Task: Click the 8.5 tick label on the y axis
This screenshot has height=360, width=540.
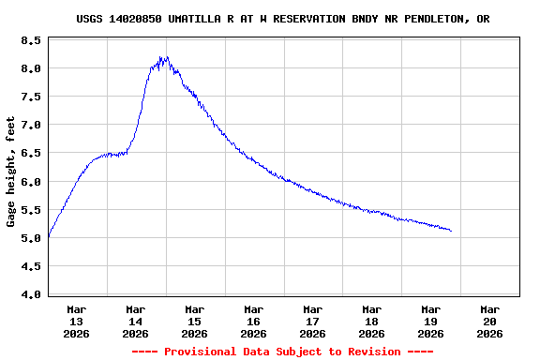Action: tap(31, 41)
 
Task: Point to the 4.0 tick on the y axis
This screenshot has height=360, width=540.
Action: tap(31, 294)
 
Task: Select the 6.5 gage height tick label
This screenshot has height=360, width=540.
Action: tap(31, 154)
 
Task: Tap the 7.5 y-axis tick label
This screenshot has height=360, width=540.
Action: tap(31, 97)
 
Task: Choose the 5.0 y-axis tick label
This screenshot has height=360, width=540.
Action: tap(31, 238)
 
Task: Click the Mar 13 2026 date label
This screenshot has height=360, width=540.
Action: tap(77, 321)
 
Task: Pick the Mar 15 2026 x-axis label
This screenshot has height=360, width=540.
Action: tap(195, 321)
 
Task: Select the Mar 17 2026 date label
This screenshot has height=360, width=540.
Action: tap(313, 321)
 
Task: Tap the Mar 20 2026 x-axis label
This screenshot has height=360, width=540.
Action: tap(489, 321)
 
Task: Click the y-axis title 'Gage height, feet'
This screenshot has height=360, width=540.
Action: tap(11, 172)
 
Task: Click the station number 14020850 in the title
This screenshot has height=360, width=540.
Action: tap(136, 19)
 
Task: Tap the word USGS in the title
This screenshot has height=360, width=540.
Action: tap(90, 19)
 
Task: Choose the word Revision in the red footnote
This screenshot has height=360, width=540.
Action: tap(374, 352)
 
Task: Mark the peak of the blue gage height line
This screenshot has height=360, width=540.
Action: tap(164, 58)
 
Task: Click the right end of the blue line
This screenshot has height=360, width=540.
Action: tap(451, 231)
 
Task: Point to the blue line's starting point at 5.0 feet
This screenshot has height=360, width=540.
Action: tap(48, 237)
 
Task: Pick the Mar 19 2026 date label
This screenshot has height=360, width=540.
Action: tap(430, 321)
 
